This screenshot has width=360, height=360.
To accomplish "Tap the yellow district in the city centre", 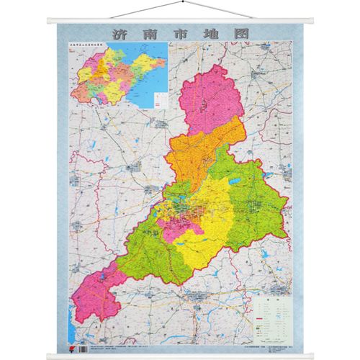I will tap(209, 209).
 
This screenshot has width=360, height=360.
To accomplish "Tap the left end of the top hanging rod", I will tap(49, 19).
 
